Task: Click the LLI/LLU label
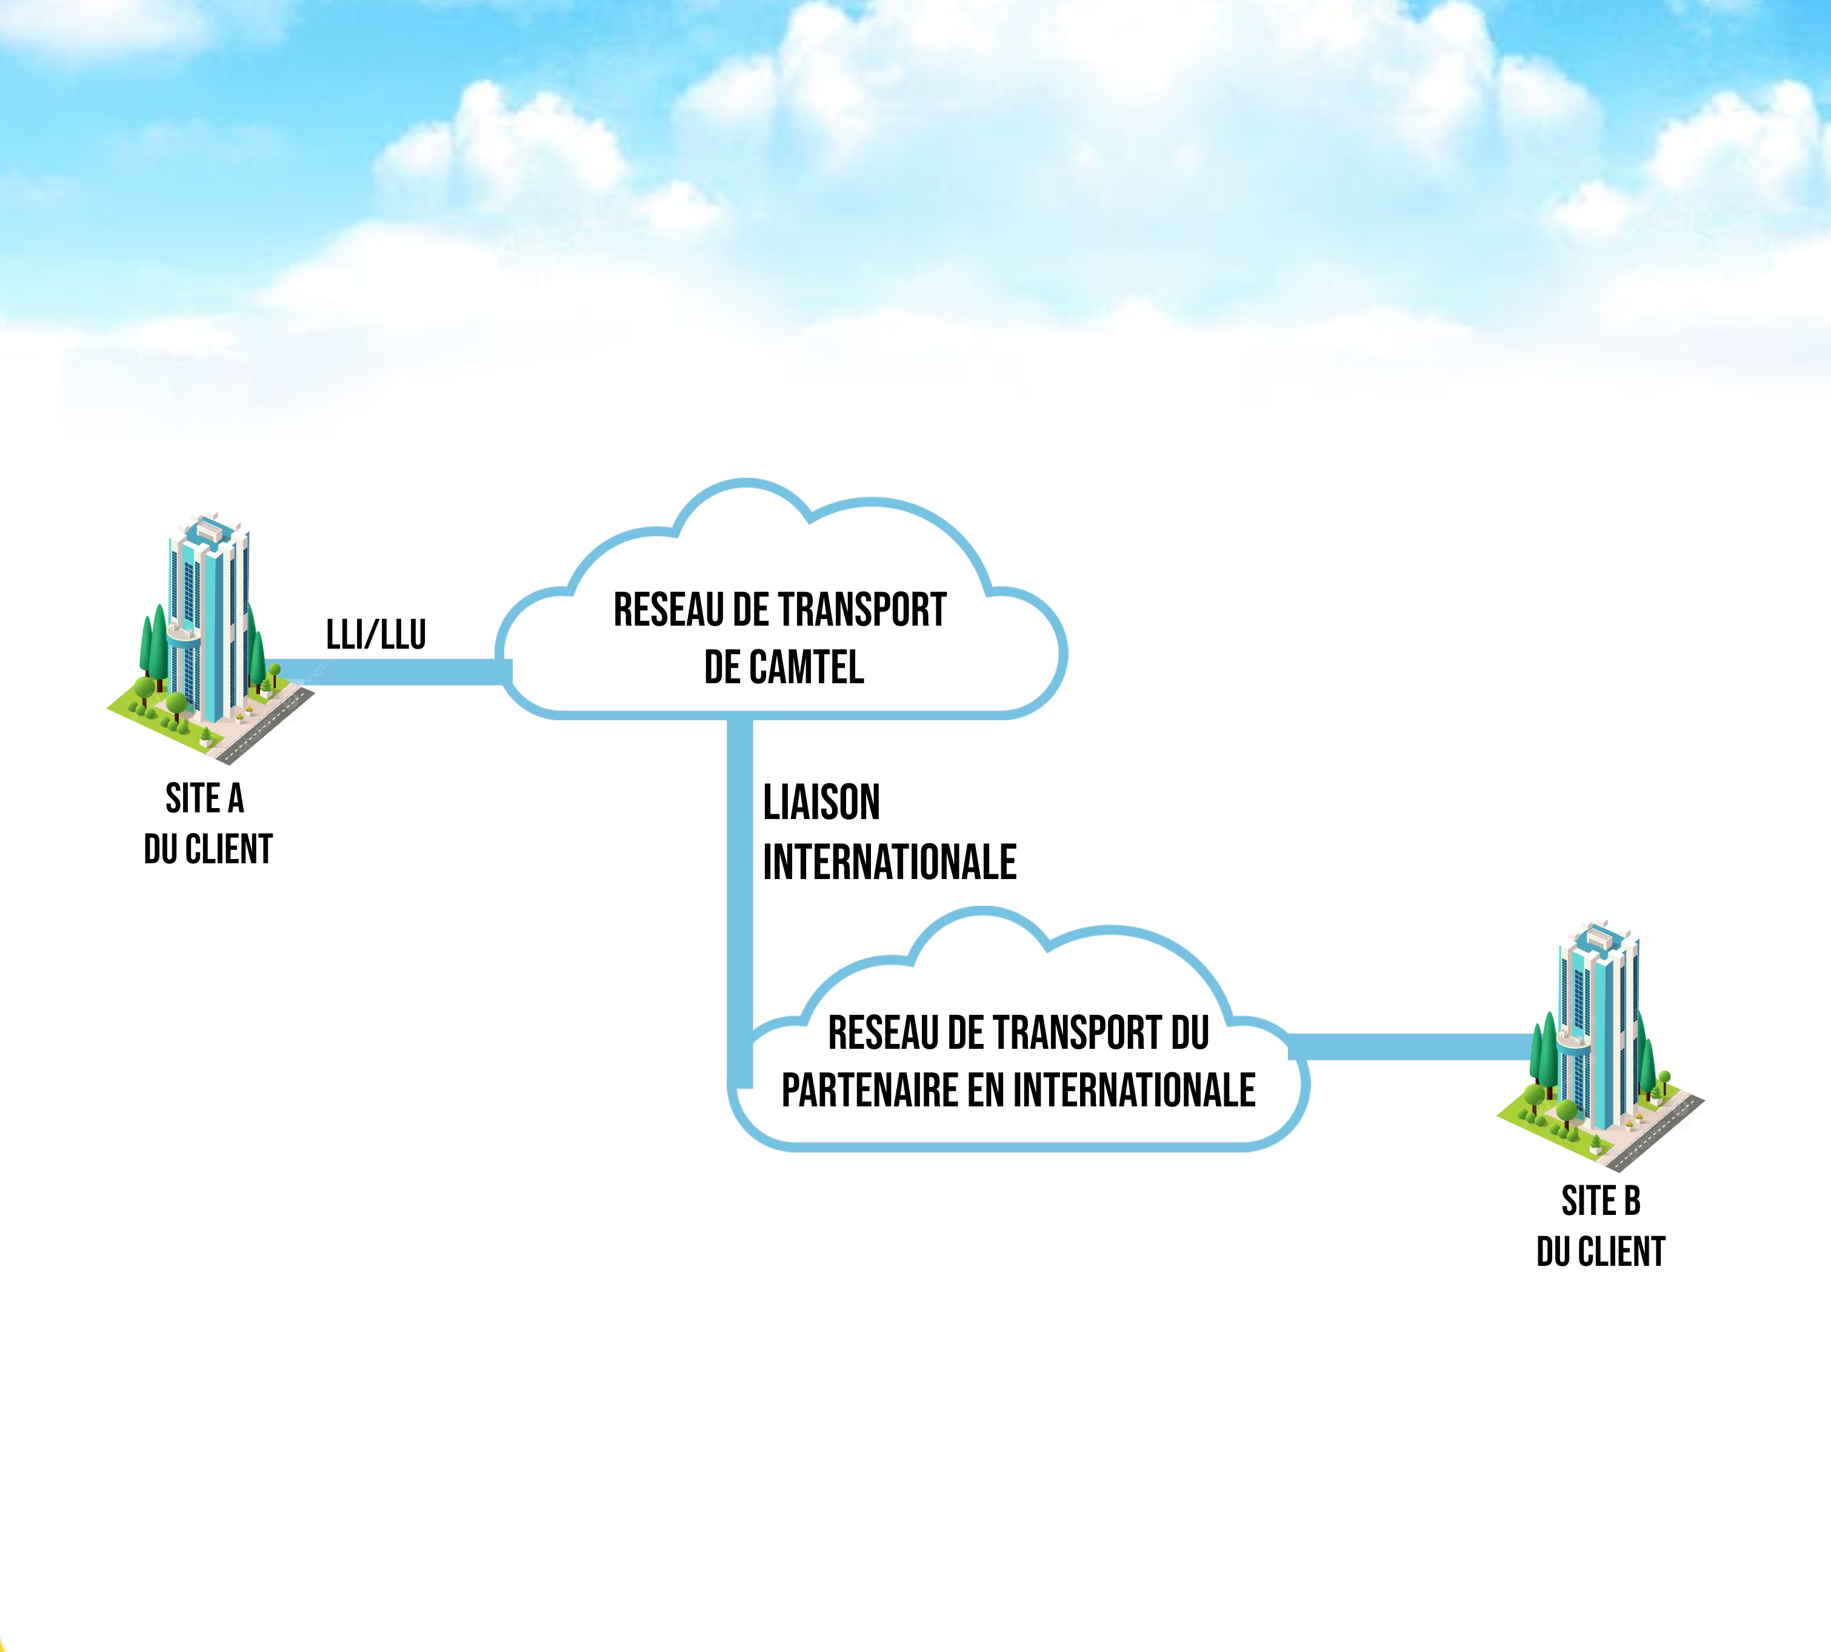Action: (376, 635)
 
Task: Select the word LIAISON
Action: (821, 803)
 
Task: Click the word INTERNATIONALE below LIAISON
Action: (889, 862)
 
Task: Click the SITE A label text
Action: (205, 799)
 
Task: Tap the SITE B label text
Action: (1601, 1201)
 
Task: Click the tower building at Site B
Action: (1599, 1026)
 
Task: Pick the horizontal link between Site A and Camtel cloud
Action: (390, 672)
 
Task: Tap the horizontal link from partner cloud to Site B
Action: (1406, 1046)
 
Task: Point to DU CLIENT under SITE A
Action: (208, 849)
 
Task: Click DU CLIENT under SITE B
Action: (1601, 1252)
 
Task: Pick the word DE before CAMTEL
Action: (722, 668)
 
